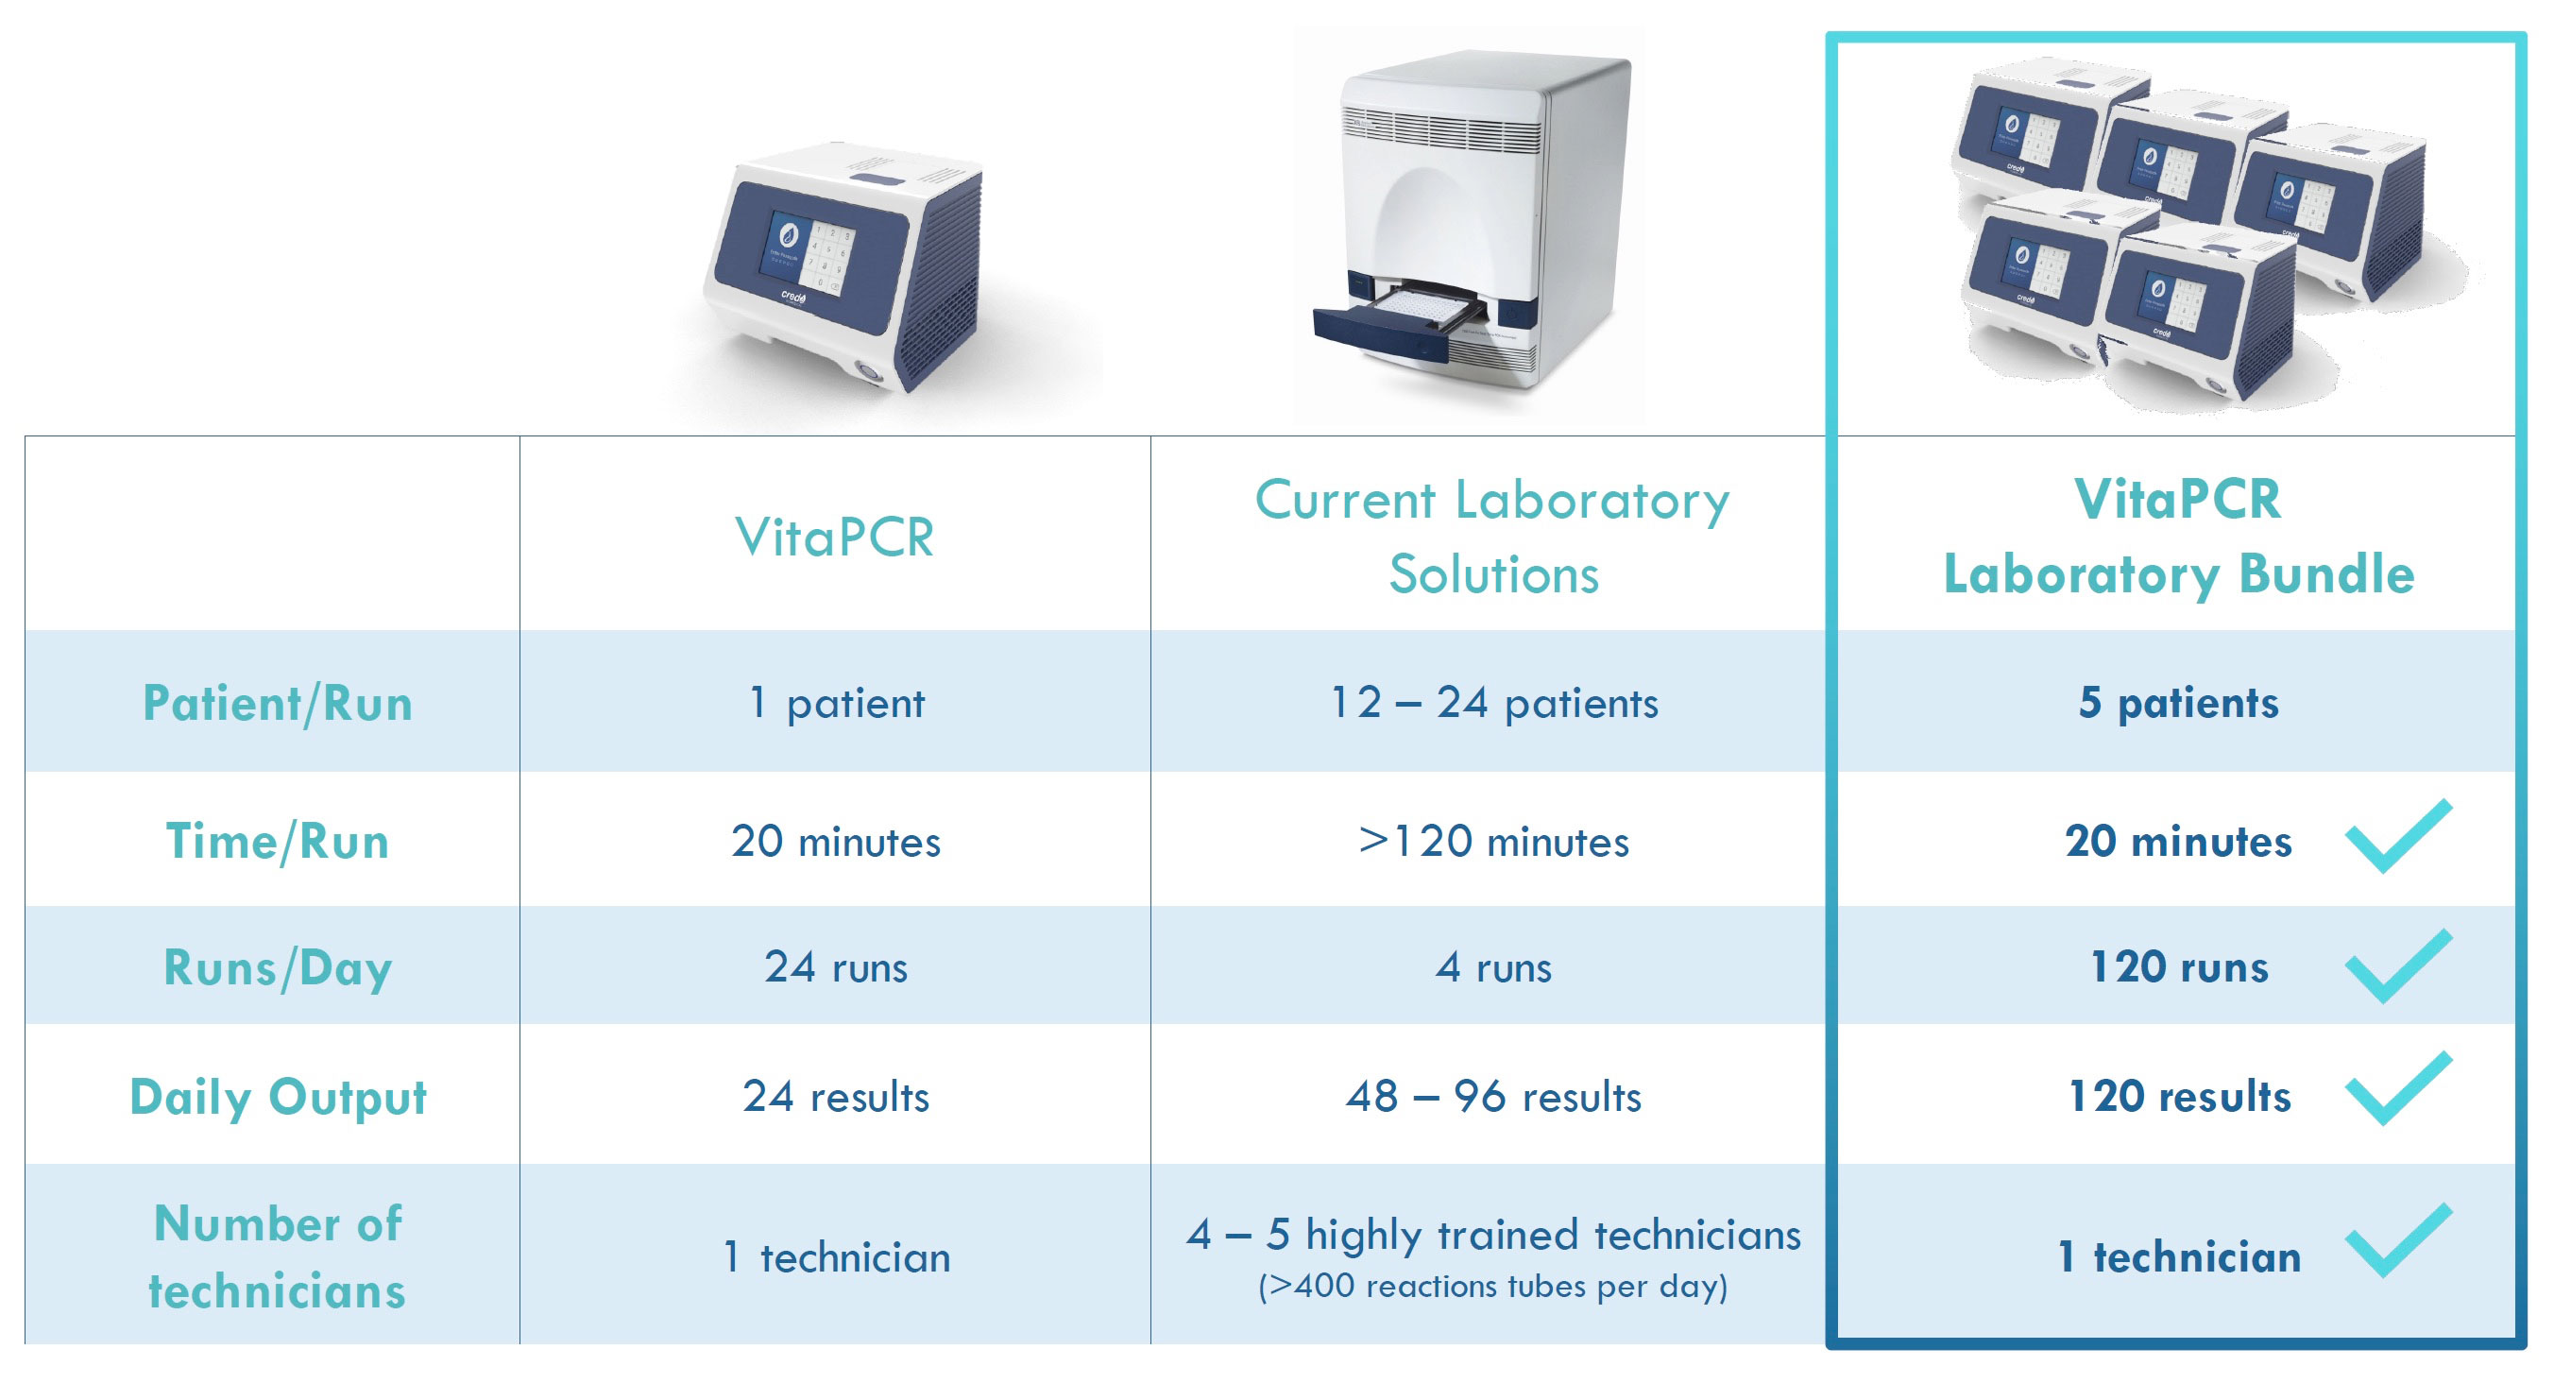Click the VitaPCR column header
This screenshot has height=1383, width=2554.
(835, 538)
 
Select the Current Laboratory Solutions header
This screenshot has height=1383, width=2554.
(1493, 537)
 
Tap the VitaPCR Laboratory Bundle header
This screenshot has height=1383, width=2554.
(2178, 537)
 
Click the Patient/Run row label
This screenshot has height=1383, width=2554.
(278, 703)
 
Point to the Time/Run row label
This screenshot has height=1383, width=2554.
(278, 841)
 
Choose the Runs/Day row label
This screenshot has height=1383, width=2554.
(278, 967)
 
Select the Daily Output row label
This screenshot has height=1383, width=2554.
(278, 1098)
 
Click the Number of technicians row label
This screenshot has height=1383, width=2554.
(278, 1256)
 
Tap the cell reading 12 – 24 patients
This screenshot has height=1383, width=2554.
(1493, 703)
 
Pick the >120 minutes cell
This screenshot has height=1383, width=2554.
(1493, 841)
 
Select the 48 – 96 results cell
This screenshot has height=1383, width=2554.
(1493, 1097)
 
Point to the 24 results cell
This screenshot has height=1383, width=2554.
(836, 1097)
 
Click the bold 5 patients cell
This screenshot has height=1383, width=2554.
(2178, 703)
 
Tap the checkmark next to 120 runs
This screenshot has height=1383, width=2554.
(2398, 967)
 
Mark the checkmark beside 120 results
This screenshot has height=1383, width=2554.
(2398, 1089)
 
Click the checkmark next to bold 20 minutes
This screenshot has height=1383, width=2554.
(2398, 837)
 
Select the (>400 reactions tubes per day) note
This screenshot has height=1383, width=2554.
(1493, 1286)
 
